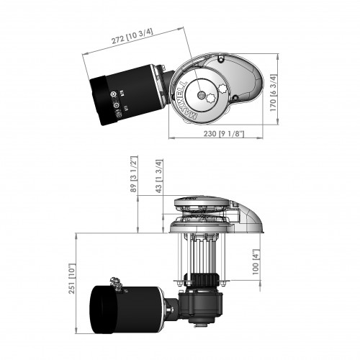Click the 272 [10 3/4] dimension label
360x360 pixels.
pyautogui.click(x=130, y=33)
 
